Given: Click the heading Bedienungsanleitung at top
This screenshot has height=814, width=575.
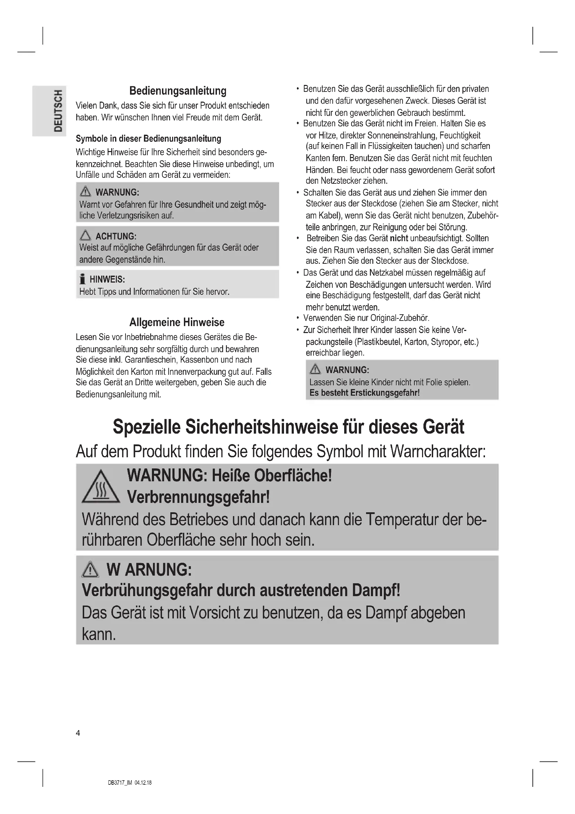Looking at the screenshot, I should (177, 91).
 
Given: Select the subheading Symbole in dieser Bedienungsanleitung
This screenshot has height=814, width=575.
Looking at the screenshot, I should (148, 139).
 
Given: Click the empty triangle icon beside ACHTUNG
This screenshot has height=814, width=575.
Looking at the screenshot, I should (85, 235).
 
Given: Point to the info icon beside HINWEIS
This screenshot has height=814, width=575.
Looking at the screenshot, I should (82, 279).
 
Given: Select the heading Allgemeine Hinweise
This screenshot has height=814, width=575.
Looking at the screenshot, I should (177, 322).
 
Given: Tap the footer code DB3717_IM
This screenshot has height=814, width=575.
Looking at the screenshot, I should (120, 783).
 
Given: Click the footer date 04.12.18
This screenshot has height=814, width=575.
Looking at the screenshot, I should (143, 783).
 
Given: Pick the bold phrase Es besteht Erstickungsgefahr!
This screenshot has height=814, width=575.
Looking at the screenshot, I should (364, 393).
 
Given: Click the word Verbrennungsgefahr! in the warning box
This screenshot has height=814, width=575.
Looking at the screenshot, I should (198, 497).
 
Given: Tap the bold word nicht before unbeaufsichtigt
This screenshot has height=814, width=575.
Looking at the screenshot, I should (399, 238).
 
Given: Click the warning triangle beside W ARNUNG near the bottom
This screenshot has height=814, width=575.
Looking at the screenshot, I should (90, 570).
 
